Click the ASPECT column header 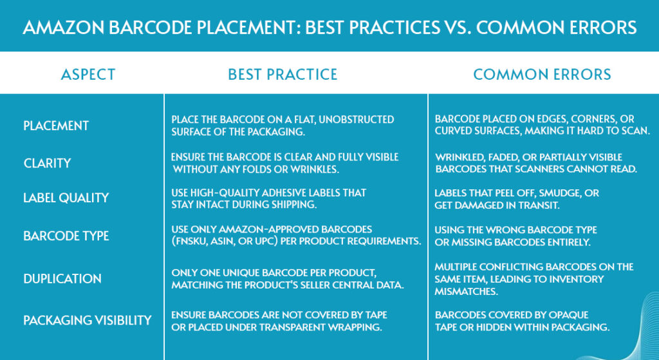[x=88, y=75]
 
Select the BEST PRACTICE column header [x=283, y=75]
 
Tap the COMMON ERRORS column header [x=542, y=75]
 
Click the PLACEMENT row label [x=56, y=126]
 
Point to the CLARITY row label [x=47, y=163]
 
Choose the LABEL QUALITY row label [x=66, y=198]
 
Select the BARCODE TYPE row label [x=66, y=236]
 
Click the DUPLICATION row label [x=62, y=278]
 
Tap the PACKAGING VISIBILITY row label [x=88, y=321]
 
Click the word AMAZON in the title [x=62, y=28]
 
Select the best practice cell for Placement [x=283, y=126]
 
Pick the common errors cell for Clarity [x=536, y=163]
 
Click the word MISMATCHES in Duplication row [x=466, y=292]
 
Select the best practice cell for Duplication [x=288, y=278]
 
